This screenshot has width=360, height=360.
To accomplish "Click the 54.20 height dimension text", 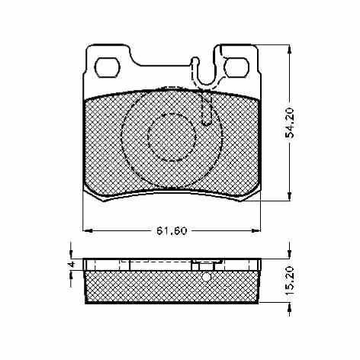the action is point(290,123).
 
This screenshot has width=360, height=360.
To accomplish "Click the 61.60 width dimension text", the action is point(172,230).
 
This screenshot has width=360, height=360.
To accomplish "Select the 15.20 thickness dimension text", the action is point(290,281).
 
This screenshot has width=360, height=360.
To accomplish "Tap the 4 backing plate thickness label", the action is point(72,265).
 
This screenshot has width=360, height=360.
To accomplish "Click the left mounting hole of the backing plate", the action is point(107,67).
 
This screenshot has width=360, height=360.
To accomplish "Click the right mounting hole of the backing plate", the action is point(236,67).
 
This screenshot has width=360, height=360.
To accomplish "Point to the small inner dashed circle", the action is point(172,137).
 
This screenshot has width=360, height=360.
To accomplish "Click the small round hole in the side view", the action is point(207,277).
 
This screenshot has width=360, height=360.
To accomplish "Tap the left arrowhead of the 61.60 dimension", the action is point(88,230).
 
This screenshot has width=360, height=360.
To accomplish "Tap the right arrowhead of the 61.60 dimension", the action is point(256,230).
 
